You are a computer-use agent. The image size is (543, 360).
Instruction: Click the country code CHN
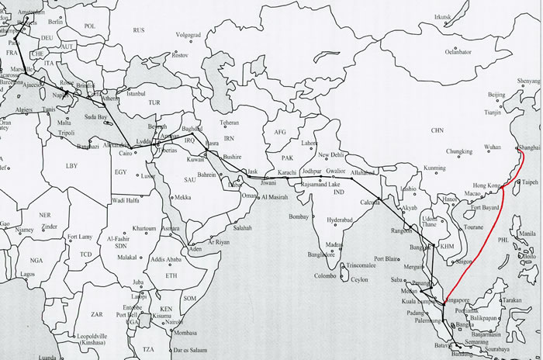438,130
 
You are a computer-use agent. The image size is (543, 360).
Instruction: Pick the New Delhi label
335,155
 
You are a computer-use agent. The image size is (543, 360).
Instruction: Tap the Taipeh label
530,182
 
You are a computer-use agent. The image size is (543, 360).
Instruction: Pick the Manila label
527,234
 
